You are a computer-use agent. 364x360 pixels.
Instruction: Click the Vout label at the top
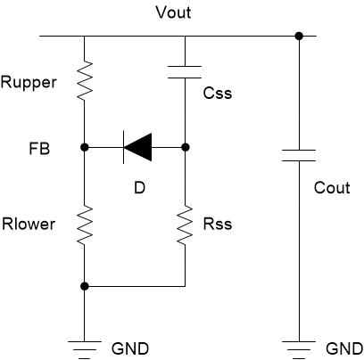pos(173,12)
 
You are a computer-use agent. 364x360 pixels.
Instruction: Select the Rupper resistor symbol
pos(85,80)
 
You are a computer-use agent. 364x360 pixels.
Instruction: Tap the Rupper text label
pos(29,83)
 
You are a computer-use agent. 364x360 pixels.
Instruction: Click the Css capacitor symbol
pos(185,72)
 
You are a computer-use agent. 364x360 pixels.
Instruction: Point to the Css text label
pos(218,93)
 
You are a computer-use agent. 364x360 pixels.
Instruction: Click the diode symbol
pos(137,147)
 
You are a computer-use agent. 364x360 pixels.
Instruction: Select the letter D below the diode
pos(139,188)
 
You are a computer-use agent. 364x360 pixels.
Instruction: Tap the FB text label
pos(39,149)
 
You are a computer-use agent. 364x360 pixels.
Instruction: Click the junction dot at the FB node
pos(85,147)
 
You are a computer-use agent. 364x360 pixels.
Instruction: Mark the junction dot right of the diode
pos(186,147)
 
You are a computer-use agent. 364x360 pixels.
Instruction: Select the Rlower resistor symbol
pos(85,225)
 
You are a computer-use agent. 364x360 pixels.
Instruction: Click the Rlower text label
pos(29,224)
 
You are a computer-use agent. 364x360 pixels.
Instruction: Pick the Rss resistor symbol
pos(185,225)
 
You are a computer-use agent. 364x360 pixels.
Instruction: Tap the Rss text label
pos(218,224)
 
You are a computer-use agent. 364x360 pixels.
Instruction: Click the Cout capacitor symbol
pos(299,156)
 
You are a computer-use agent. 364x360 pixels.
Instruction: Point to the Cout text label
pos(332,188)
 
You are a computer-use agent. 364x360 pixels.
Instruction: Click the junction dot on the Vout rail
pos(299,37)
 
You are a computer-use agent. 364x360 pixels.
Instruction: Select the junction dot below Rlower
pos(85,286)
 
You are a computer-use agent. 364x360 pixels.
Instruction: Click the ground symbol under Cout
pos(299,350)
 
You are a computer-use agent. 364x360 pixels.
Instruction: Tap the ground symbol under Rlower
pos(85,350)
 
